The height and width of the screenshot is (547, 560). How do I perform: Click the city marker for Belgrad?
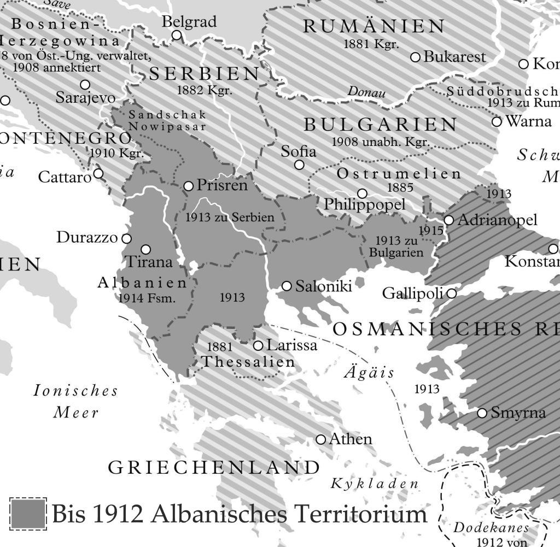[x=177, y=36]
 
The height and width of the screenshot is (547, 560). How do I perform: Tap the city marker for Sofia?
[x=299, y=164]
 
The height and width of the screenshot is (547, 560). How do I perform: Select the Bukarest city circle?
[x=415, y=57]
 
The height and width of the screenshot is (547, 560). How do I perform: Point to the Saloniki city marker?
[x=287, y=286]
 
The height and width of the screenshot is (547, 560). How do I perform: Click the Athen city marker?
[x=321, y=439]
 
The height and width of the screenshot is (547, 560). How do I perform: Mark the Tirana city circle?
[x=145, y=249]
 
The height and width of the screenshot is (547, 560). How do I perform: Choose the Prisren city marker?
[x=189, y=186]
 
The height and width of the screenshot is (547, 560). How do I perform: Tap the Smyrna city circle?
[x=482, y=413]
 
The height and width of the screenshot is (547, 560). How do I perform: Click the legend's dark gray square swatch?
[x=28, y=514]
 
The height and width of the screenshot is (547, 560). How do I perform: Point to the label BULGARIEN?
[x=381, y=125]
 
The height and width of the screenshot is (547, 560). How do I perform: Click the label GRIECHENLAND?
[x=214, y=468]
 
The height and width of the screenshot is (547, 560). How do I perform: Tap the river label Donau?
[x=366, y=92]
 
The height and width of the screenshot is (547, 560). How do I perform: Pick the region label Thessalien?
[x=248, y=362]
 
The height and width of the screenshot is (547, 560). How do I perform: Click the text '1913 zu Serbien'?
[x=230, y=217]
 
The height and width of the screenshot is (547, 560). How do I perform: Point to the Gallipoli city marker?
[x=452, y=294]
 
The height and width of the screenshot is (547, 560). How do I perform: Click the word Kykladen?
[x=375, y=484]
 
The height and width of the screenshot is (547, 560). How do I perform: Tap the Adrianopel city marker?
[x=449, y=220]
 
